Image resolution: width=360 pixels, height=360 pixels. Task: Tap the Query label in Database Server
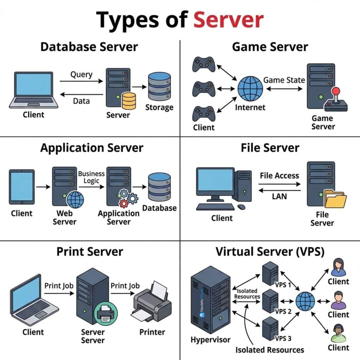[x=81, y=75]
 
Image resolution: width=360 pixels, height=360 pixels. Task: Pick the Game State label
[x=284, y=80]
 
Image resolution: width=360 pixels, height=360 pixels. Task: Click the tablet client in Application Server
[x=22, y=187]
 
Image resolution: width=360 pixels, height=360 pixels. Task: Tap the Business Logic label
[x=91, y=177]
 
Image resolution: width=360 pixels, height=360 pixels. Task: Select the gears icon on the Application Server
[x=128, y=198]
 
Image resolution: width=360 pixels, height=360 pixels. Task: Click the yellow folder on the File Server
[x=335, y=199]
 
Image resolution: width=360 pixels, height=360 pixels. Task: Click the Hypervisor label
[x=211, y=340]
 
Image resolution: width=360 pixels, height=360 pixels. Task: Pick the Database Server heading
[x=89, y=47]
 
